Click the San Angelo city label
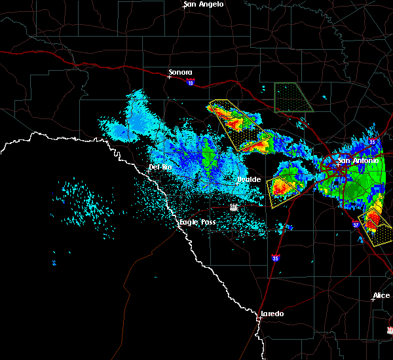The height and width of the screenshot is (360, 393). tap(203, 5)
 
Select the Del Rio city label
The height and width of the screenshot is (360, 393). tap(160, 167)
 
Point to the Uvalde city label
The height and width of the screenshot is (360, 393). tap(249, 179)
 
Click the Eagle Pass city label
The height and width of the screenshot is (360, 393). tap(198, 223)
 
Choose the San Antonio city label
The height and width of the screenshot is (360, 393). tap(358, 160)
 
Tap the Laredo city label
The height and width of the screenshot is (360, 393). tap(272, 314)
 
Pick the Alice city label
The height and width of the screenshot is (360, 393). tap(381, 296)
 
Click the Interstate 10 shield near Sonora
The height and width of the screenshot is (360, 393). tap(190, 82)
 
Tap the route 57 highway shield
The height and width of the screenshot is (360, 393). tap(234, 207)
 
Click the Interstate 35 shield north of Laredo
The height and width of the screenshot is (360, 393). tap(276, 258)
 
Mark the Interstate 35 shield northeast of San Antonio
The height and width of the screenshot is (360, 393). tap(372, 141)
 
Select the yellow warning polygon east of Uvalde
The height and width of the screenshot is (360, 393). tap(282, 190)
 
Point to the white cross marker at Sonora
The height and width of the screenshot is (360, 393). tap(169, 77)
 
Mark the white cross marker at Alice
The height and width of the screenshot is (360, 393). tap(372, 300)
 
